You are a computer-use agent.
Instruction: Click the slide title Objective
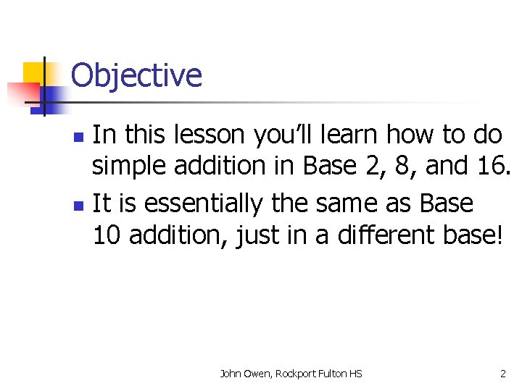tap(136, 75)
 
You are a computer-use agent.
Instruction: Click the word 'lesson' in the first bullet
tap(213, 135)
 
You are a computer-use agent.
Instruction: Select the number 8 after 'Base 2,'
tap(405, 167)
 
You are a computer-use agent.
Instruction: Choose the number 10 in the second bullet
tap(109, 235)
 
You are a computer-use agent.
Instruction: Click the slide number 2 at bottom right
tap(503, 374)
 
